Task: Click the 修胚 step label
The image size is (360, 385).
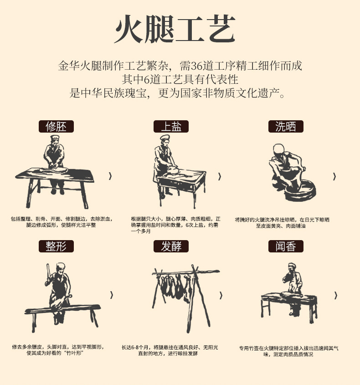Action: (x=56, y=127)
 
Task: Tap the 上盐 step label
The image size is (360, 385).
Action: (x=171, y=127)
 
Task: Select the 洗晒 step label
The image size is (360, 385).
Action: (x=286, y=127)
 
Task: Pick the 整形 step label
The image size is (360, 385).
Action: (x=56, y=246)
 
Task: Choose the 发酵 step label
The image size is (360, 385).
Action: (x=171, y=246)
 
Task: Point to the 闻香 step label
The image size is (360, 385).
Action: (x=286, y=246)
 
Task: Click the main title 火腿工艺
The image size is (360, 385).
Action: (x=175, y=29)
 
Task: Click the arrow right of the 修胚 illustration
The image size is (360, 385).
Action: (x=110, y=176)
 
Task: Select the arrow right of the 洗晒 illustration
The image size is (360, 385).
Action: (x=334, y=176)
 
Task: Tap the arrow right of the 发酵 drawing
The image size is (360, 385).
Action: (x=221, y=295)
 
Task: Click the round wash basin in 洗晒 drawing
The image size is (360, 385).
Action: (x=300, y=191)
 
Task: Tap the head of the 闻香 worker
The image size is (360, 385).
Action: (x=292, y=267)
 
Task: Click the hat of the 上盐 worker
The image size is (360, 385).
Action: (x=165, y=137)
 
